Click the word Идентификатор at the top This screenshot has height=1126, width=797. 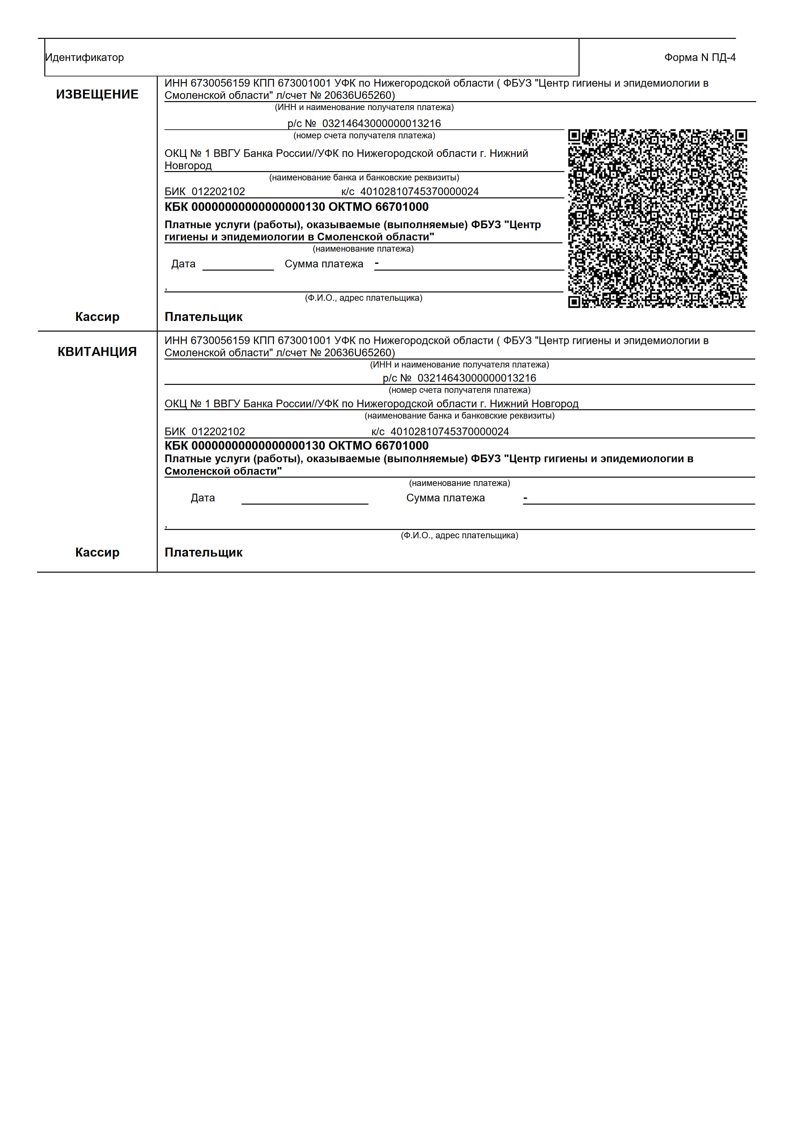[x=84, y=57]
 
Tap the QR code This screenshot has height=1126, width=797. [x=657, y=218]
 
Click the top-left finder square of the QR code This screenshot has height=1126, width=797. [x=574, y=135]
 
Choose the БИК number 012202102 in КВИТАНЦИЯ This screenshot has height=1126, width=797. [x=218, y=432]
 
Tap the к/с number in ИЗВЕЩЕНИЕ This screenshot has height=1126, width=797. [x=419, y=192]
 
